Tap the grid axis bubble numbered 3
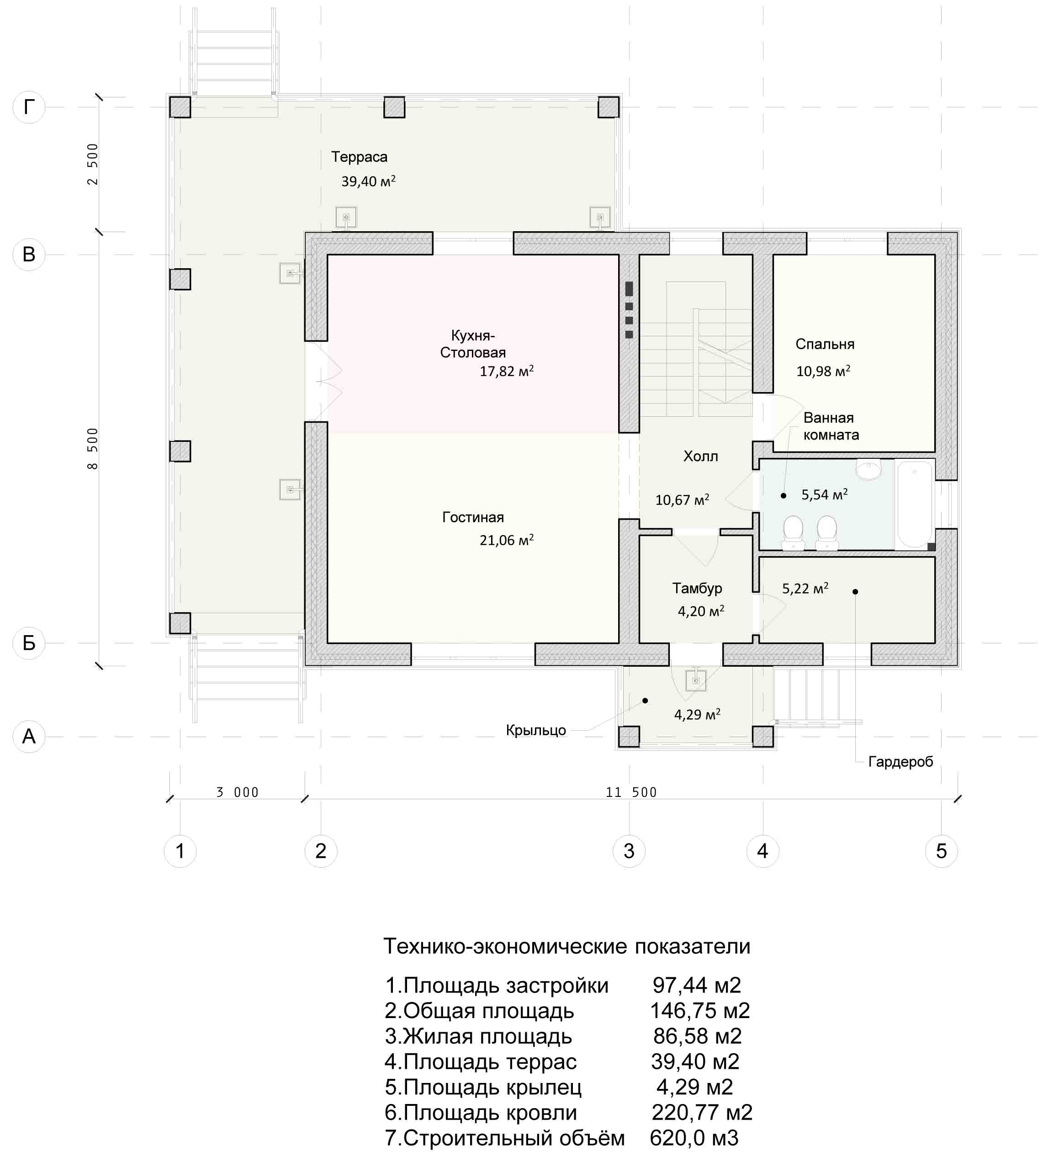629,851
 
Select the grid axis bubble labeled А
29,736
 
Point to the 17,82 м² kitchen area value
507,371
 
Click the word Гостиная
473,517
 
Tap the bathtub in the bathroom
914,504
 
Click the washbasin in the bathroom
869,469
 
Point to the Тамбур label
697,588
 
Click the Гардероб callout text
900,762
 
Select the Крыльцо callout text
536,730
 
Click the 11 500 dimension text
631,792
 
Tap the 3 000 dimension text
237,792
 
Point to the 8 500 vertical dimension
93,449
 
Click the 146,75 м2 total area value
700,1010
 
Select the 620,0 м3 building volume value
694,1137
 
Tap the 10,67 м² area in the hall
682,500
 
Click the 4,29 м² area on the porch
697,714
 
